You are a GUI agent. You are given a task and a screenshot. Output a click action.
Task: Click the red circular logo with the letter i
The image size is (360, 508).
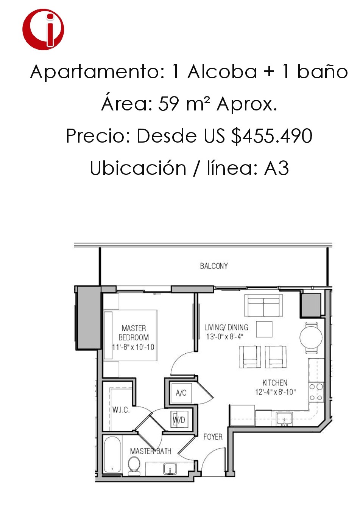point(43,29)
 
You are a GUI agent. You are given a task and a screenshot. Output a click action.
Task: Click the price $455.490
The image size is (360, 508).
point(272,136)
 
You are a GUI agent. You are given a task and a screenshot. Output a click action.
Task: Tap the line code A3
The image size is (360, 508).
point(276,168)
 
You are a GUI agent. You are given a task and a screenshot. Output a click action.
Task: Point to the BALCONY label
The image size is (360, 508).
point(214,266)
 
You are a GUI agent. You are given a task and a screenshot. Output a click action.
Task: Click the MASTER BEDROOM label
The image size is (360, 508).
point(134,333)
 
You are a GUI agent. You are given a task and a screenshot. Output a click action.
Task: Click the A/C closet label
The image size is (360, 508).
point(181,393)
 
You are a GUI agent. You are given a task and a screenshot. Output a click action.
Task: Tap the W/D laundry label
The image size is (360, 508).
point(179,420)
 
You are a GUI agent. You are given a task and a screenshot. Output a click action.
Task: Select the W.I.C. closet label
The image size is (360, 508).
point(121,410)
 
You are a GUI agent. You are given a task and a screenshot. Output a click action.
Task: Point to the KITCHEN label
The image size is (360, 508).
point(275,383)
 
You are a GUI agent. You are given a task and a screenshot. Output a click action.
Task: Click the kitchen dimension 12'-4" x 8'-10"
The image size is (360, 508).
point(275,392)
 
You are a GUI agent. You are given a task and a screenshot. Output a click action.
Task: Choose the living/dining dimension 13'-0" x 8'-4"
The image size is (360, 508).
point(224,337)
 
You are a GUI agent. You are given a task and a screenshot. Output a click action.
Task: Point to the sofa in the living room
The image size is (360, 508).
point(263,305)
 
